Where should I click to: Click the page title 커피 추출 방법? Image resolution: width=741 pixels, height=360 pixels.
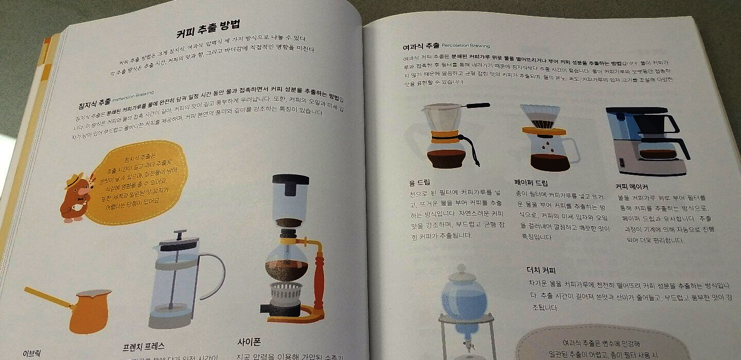[208, 29]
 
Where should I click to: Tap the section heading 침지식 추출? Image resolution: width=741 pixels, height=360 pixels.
[94, 102]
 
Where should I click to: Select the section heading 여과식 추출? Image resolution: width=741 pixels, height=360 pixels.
[421, 46]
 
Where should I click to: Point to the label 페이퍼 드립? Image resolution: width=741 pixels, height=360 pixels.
[531, 183]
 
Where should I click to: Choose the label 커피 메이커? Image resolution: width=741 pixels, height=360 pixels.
[631, 186]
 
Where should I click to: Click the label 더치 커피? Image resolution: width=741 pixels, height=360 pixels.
[541, 270]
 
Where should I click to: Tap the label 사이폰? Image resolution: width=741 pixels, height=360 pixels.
[250, 341]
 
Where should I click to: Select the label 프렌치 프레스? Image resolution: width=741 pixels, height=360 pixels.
[144, 346]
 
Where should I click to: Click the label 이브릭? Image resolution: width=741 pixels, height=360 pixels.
[32, 354]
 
